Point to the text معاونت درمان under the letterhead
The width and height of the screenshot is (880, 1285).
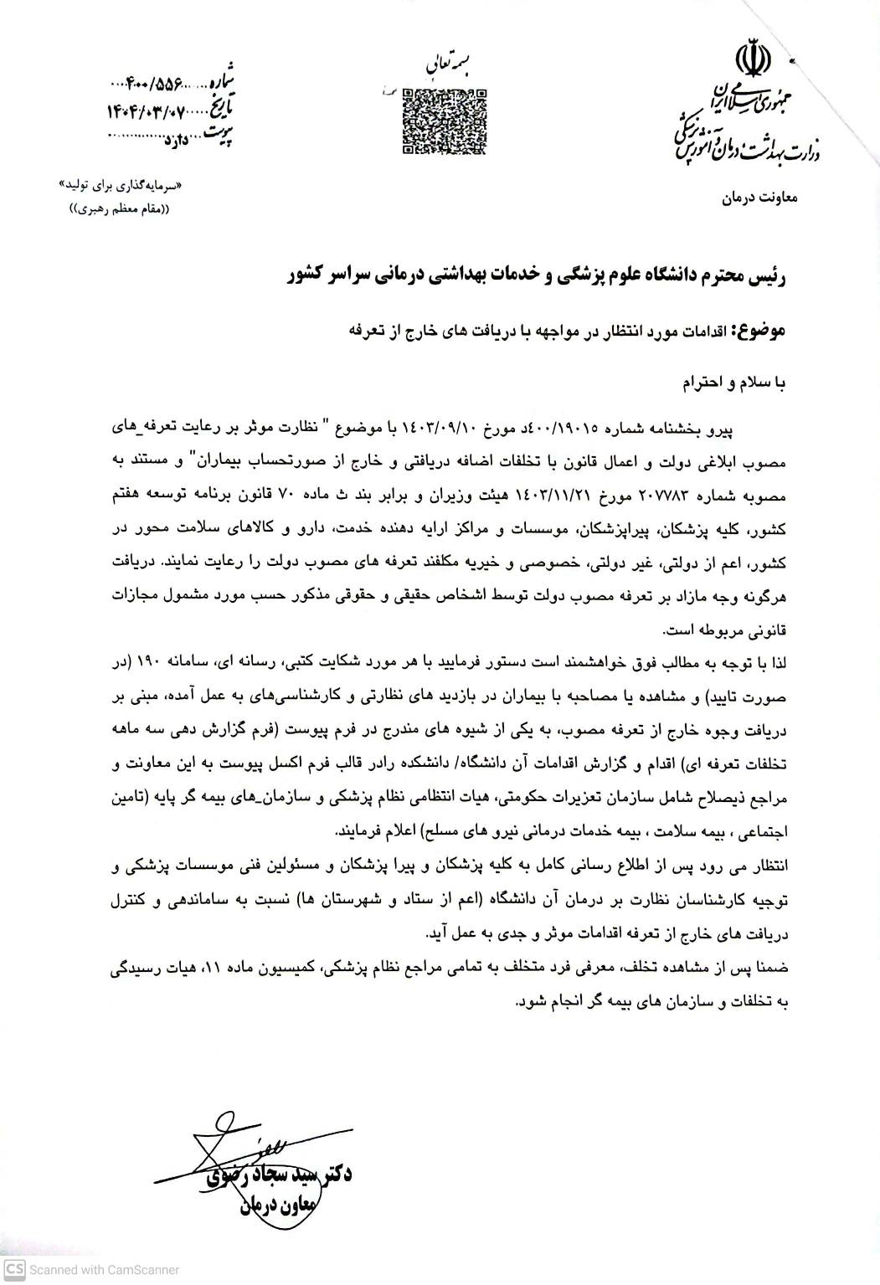click(760, 199)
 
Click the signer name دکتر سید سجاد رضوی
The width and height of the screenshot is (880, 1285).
click(280, 1176)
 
